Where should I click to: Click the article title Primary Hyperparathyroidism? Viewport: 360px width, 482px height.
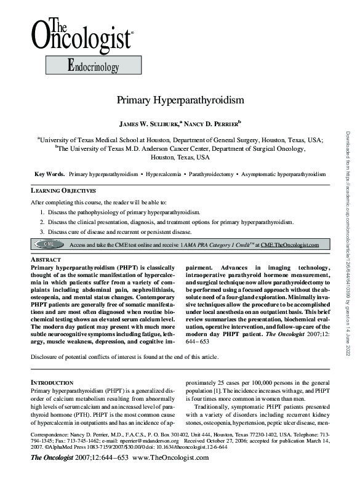pyautogui.click(x=180, y=100)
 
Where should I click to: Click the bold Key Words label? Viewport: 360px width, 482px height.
pyautogui.click(x=50, y=175)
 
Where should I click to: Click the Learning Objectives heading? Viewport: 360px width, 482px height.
pyautogui.click(x=63, y=191)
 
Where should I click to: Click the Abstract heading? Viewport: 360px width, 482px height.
pyautogui.click(x=46, y=260)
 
